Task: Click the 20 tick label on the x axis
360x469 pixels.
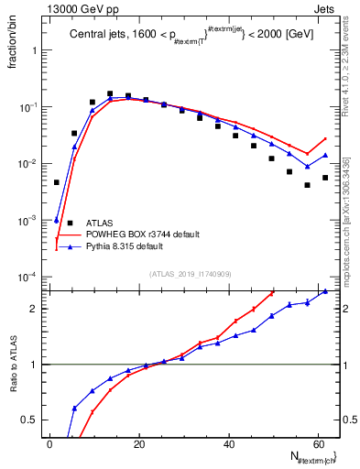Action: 138,444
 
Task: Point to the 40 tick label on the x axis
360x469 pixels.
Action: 227,444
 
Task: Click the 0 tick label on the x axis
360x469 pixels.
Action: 50,444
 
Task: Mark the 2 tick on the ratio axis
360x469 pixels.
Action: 37,308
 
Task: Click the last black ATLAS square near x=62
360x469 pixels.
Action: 325,177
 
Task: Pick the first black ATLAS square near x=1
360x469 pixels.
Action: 56,182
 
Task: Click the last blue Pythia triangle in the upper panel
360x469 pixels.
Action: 325,155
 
